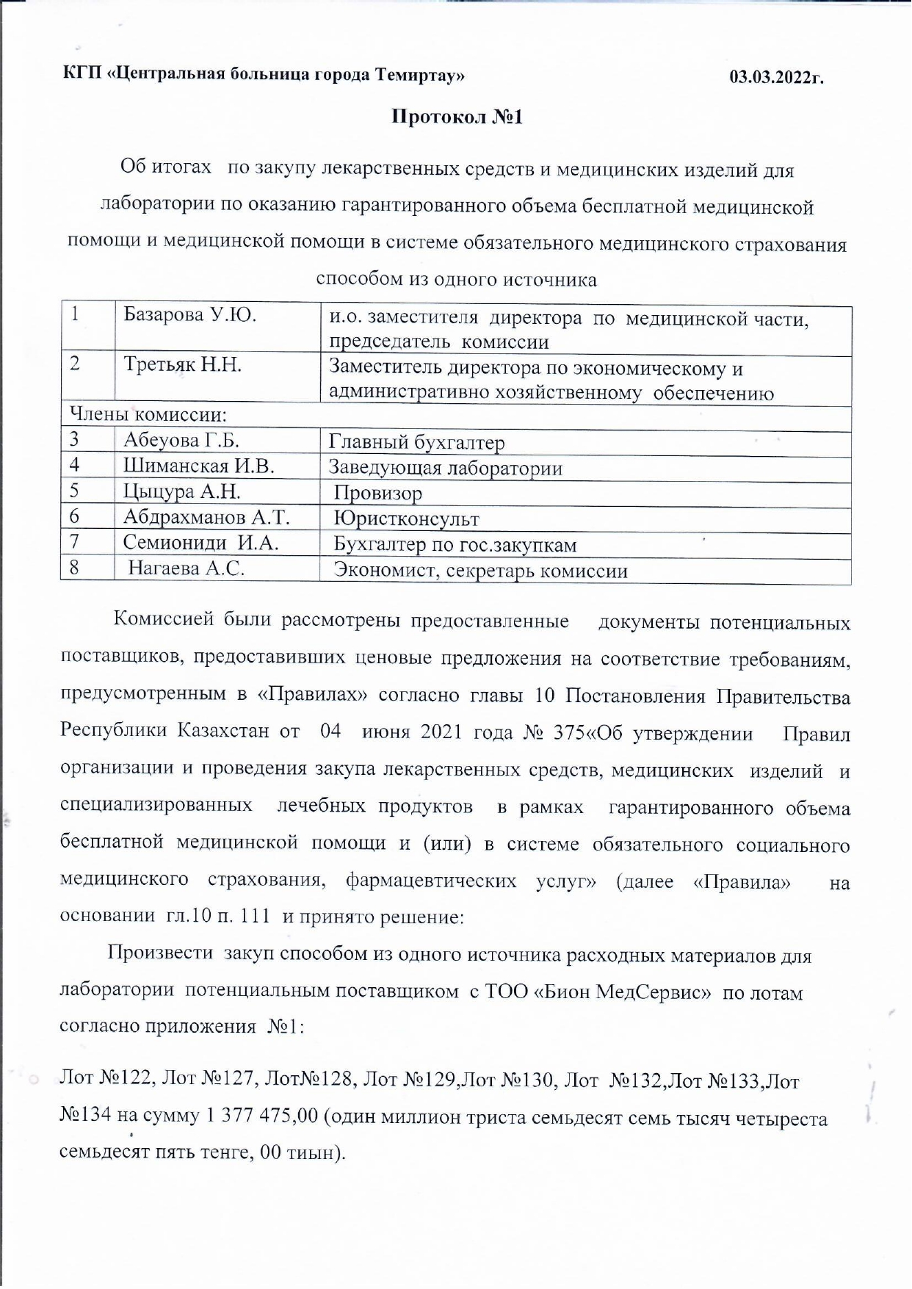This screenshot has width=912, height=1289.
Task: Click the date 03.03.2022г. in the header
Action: (776, 76)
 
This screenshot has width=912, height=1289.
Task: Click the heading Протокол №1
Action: (457, 118)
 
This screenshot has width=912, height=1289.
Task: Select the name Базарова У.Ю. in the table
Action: (189, 316)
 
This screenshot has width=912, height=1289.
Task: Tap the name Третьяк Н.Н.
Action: (183, 365)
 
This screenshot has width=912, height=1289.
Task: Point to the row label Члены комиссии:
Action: (148, 414)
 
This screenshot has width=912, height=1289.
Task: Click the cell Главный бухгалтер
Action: (416, 442)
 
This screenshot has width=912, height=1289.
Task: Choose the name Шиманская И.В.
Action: (198, 466)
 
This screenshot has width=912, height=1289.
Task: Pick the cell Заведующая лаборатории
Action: (445, 468)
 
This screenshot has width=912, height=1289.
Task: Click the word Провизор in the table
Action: (377, 494)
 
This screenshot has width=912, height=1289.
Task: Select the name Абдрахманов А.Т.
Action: (206, 517)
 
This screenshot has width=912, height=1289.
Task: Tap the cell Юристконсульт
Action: (406, 519)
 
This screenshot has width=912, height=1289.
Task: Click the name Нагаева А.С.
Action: (187, 568)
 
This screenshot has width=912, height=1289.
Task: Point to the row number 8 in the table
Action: (74, 568)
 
